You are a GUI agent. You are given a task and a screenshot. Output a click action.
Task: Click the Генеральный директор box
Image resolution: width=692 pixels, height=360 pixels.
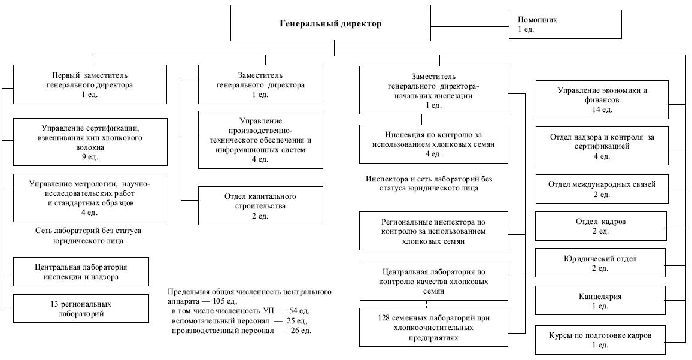coord(330,24)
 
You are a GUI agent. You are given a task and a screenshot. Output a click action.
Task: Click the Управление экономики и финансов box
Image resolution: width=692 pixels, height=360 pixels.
coord(602,100)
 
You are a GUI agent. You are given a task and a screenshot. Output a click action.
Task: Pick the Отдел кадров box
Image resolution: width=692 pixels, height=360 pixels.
coord(600,226)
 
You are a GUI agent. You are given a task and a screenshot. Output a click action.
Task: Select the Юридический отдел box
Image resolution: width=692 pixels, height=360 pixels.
coord(600,263)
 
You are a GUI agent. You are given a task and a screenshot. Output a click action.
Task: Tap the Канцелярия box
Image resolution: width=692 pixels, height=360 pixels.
coord(600,301)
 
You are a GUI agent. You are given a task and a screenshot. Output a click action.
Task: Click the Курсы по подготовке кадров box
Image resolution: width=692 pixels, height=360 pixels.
coord(600,340)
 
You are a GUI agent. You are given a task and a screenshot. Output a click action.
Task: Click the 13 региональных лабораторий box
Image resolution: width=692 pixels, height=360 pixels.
coord(81,308)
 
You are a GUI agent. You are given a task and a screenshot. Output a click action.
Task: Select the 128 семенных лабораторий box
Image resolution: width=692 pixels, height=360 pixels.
coord(426,327)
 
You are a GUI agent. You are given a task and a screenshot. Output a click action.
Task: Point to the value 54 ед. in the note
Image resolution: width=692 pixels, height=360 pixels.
coord(293,311)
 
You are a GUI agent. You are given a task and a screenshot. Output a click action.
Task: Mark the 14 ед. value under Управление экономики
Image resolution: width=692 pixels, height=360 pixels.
coord(602,110)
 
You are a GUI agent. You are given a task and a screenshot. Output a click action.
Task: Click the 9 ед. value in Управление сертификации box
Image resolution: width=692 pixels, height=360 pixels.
coord(89,156)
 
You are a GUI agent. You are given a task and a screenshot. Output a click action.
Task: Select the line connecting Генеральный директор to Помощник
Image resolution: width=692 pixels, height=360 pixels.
coord(469,25)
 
